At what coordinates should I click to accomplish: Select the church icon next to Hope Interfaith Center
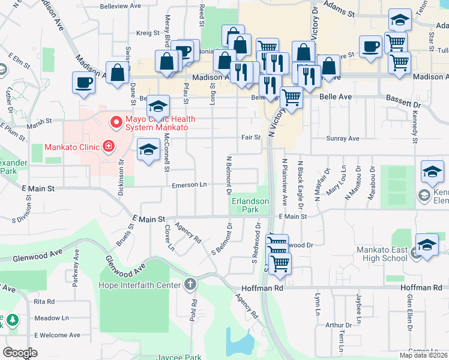tap(190, 284)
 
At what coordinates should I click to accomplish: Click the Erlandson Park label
tap(251, 206)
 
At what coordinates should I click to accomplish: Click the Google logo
tap(20, 353)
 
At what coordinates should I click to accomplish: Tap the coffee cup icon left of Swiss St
tap(84, 83)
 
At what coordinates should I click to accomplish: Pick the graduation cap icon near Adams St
tap(400, 20)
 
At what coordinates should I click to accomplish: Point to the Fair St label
tap(251, 137)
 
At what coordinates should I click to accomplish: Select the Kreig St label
tap(146, 34)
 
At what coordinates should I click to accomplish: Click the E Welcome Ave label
tap(57, 335)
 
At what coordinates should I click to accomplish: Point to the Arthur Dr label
tap(334, 325)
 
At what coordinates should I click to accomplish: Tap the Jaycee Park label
tap(179, 357)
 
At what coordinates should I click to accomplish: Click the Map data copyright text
tap(423, 355)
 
